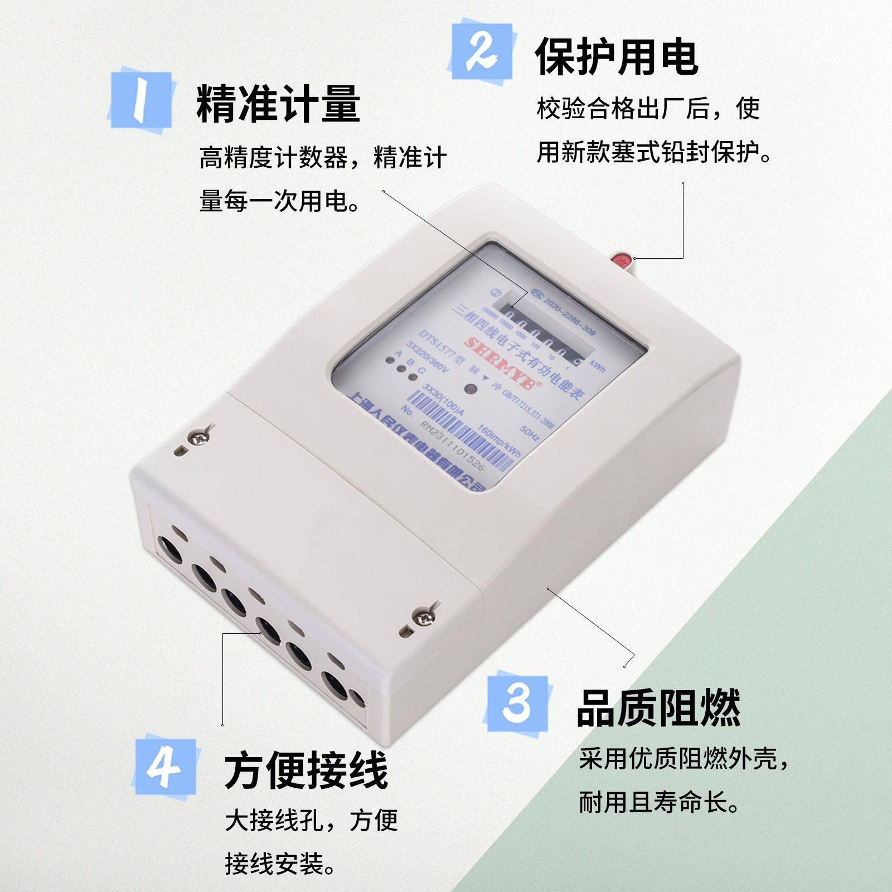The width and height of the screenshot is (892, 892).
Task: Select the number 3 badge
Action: [517, 704]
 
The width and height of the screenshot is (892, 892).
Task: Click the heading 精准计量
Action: [278, 104]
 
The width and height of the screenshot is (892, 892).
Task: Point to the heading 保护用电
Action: [616, 57]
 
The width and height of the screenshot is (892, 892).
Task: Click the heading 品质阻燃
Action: [658, 708]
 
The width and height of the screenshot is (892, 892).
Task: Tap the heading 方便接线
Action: [306, 771]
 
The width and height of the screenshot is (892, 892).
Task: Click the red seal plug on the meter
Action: [622, 260]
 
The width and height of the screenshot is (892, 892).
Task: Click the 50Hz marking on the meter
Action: [529, 433]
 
